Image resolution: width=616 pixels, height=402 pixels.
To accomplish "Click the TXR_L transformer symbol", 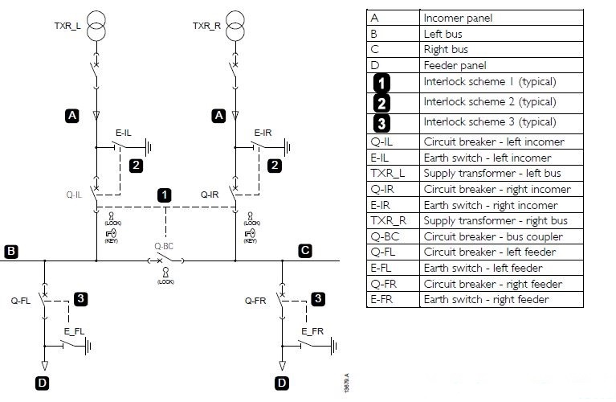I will point(96,27).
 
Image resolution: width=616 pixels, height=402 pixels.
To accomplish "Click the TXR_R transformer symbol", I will point(235,27).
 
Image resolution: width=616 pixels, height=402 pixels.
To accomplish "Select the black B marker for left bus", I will point(11,252).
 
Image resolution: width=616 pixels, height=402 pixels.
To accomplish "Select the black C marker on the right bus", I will point(304,251).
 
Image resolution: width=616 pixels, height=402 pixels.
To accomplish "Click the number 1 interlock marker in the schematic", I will point(165,195).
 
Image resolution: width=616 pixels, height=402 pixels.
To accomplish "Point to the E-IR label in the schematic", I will point(263,133).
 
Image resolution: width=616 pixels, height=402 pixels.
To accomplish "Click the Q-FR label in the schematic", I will point(256,301).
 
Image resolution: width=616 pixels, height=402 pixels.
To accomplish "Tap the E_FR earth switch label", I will point(312,331).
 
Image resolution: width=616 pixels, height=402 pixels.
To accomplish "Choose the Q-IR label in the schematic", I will point(210,195).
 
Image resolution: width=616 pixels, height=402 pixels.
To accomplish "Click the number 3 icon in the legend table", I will point(382,123).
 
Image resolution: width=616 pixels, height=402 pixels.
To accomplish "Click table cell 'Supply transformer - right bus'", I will point(496,221).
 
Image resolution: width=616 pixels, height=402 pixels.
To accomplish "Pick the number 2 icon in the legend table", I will point(382,102).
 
